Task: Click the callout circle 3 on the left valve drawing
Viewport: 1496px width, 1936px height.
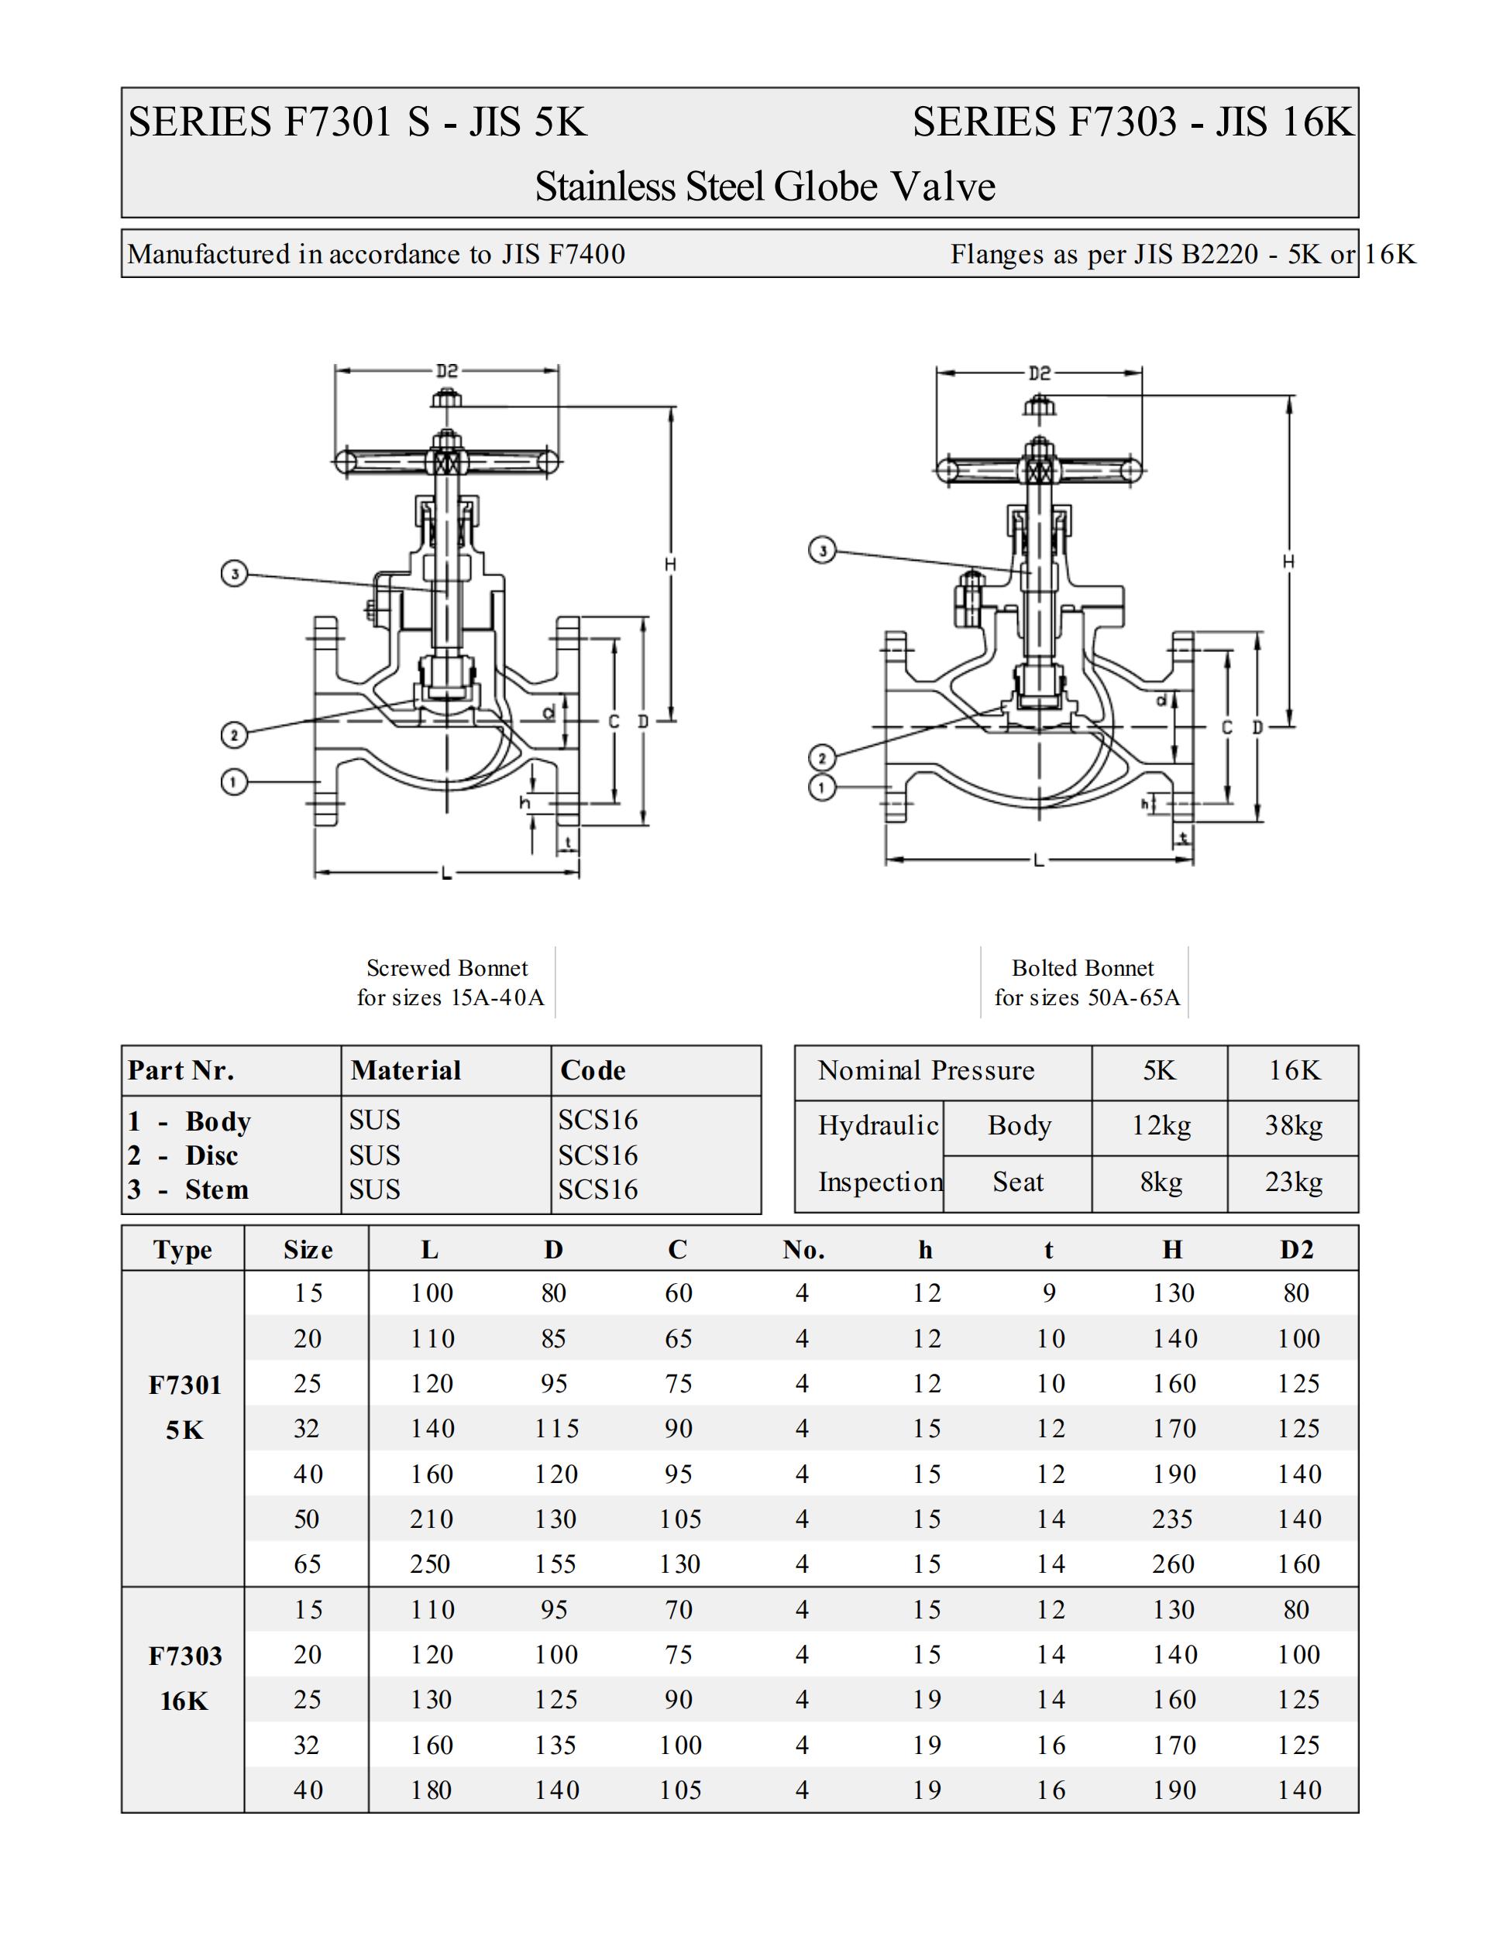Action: [234, 574]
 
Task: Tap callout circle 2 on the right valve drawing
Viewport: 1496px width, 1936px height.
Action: [822, 758]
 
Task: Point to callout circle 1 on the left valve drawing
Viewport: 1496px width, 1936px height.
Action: [234, 782]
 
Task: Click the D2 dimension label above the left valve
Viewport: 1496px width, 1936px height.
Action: [447, 370]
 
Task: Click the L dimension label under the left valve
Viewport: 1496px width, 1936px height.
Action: [447, 874]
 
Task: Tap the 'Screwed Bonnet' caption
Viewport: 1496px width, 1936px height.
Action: [447, 968]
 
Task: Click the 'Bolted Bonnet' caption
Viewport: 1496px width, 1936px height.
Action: [1083, 968]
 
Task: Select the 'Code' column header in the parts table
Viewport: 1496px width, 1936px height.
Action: [593, 1070]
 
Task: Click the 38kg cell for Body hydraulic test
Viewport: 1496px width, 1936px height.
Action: [1293, 1126]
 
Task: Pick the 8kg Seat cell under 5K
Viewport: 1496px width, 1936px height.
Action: [1160, 1182]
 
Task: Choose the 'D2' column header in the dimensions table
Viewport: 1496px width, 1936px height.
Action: [1295, 1250]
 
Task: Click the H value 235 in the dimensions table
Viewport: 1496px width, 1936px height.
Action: [1172, 1519]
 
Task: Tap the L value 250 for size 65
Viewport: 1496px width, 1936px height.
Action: [430, 1564]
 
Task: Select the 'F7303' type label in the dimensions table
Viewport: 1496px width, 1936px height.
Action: [184, 1656]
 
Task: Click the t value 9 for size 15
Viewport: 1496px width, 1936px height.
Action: [1049, 1293]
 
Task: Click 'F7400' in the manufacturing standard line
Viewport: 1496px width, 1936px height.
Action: [587, 255]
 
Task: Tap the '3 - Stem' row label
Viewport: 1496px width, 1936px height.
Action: [188, 1189]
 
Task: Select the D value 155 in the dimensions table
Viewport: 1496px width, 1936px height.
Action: [555, 1564]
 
